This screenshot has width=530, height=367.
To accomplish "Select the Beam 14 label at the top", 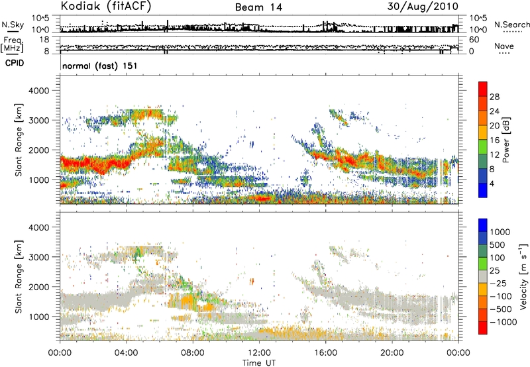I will click(x=258, y=7).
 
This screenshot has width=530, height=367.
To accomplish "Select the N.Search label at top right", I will click(x=511, y=25).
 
